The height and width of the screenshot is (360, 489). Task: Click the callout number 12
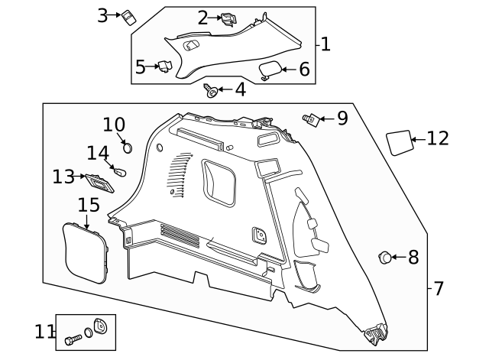tap(438, 138)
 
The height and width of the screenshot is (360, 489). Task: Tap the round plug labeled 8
tap(386, 258)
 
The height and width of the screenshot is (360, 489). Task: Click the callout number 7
tap(438, 289)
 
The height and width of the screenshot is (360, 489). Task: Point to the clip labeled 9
tap(311, 119)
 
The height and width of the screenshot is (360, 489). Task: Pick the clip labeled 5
tap(164, 66)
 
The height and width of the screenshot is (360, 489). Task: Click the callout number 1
tap(325, 44)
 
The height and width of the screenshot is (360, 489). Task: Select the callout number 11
tap(45, 332)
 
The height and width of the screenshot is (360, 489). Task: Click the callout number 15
tap(89, 205)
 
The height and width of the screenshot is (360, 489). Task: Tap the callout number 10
tap(114, 124)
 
